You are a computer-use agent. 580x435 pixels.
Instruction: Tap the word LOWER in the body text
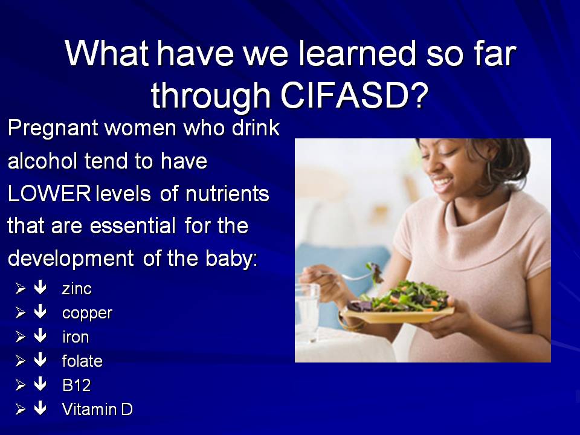click(49, 194)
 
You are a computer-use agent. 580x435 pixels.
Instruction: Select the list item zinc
click(77, 289)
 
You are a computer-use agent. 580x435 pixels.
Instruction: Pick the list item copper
click(87, 314)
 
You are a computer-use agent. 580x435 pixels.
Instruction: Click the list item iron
click(76, 337)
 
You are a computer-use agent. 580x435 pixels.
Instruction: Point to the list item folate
click(82, 361)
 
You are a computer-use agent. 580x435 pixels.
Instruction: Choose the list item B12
click(77, 385)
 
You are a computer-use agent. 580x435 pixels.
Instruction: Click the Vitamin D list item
click(97, 410)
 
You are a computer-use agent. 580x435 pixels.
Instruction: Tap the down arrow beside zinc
click(40, 288)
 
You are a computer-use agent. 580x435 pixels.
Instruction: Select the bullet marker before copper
click(21, 312)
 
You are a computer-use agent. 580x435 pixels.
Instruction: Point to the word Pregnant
click(53, 129)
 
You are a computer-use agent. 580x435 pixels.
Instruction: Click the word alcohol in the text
click(42, 161)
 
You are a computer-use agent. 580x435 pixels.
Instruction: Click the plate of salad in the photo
click(399, 304)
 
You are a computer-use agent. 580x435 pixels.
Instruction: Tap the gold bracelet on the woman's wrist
click(350, 323)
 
